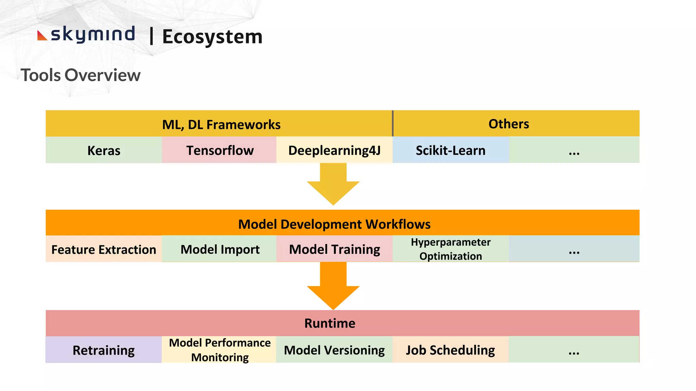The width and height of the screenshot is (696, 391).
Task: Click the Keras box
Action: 104,150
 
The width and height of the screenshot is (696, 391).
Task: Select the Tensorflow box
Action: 220,150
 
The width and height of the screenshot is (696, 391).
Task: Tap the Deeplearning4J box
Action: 334,150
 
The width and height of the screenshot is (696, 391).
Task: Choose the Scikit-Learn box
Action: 451,150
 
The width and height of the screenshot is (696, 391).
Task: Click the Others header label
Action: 508,124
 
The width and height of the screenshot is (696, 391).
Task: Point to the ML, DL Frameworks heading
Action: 221,125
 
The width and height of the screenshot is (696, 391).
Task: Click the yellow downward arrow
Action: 333,185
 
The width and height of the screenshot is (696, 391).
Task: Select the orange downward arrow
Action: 333,287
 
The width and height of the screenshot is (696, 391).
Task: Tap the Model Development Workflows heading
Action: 334,224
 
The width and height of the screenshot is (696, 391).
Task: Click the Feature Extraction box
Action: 104,249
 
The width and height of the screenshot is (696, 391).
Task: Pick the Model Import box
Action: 220,249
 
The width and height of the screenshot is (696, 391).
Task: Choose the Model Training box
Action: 334,249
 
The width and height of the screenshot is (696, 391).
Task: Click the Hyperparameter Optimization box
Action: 451,249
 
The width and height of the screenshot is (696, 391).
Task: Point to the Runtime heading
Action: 330,323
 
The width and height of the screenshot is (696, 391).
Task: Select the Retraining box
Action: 104,350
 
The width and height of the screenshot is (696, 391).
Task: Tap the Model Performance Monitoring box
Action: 220,350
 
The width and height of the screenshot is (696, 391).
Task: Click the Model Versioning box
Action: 334,350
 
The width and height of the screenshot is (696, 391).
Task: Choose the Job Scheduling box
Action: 451,350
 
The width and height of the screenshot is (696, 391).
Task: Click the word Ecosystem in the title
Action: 212,37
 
